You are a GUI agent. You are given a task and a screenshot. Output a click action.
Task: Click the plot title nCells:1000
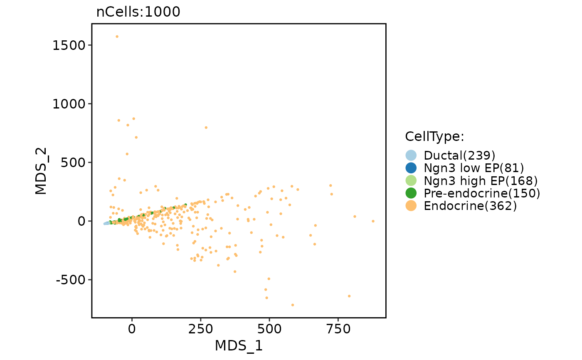(x=138, y=12)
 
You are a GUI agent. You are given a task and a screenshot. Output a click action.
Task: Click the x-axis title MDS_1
(x=239, y=346)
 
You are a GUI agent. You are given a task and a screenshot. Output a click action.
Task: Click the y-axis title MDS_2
(x=41, y=171)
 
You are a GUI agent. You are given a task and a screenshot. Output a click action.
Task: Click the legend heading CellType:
(x=434, y=136)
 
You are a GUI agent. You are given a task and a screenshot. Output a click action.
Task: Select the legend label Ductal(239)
(x=459, y=155)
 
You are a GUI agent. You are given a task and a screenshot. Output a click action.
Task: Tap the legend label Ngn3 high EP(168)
(x=481, y=180)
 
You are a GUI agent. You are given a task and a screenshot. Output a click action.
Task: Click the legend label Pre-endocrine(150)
(x=482, y=193)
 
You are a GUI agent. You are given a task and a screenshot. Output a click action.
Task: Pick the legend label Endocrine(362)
(x=470, y=206)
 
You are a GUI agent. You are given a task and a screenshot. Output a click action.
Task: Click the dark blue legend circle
(x=411, y=168)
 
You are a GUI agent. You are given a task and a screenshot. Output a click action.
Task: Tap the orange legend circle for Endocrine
(x=411, y=206)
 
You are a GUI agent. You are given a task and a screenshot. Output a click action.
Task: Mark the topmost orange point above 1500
(x=117, y=37)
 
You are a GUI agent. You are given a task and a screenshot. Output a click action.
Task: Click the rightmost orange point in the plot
(x=373, y=221)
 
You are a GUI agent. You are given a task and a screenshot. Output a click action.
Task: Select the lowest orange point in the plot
(x=293, y=305)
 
